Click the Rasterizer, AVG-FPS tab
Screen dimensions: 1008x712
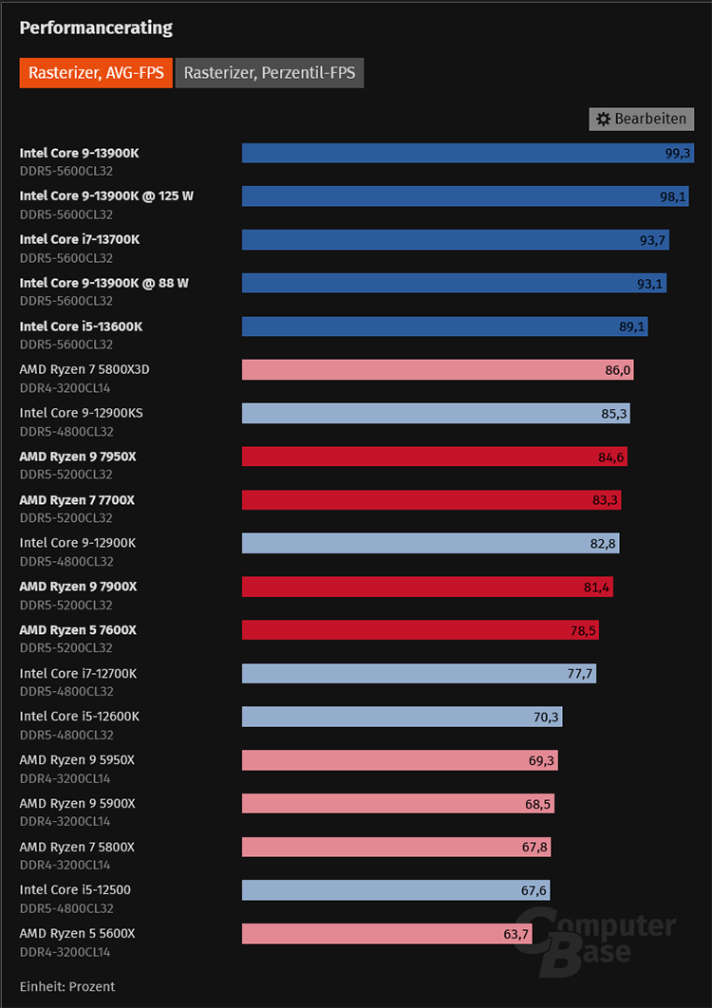pyautogui.click(x=96, y=72)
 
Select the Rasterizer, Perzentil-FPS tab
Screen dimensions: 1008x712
pyautogui.click(x=270, y=72)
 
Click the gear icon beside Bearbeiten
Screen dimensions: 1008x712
pyautogui.click(x=603, y=119)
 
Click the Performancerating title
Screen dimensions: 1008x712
pyautogui.click(x=96, y=28)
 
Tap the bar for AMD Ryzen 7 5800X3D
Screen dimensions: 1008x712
pyautogui.click(x=438, y=369)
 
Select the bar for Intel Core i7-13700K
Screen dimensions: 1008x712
pyautogui.click(x=456, y=239)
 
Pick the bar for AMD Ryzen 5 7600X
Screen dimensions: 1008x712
pyautogui.click(x=421, y=630)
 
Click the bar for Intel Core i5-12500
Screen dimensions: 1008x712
pyautogui.click(x=396, y=890)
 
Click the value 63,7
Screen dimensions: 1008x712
pyautogui.click(x=516, y=934)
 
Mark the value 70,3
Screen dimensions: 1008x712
pyautogui.click(x=546, y=718)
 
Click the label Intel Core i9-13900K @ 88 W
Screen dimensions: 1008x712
pyautogui.click(x=104, y=283)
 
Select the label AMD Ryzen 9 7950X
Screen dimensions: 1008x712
pyautogui.click(x=78, y=457)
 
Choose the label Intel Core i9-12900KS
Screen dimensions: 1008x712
pyautogui.click(x=82, y=413)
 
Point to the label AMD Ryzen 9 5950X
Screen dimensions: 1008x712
pyautogui.click(x=77, y=760)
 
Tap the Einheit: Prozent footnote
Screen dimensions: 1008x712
pyautogui.click(x=67, y=986)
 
